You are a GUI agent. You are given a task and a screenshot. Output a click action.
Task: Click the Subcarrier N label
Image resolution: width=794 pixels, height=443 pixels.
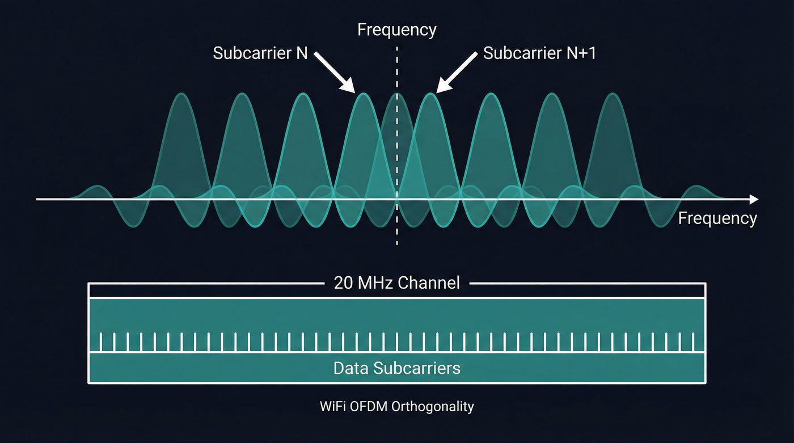click(x=260, y=53)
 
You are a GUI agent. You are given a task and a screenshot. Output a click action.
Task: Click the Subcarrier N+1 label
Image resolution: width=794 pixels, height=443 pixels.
click(x=539, y=53)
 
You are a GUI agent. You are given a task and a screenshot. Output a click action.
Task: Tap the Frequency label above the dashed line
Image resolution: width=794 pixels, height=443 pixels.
click(x=396, y=29)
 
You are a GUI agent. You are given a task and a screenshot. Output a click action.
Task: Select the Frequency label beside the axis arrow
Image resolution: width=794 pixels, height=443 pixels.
click(x=717, y=218)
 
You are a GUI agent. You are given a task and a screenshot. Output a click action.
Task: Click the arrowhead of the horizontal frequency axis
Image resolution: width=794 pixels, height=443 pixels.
click(x=754, y=199)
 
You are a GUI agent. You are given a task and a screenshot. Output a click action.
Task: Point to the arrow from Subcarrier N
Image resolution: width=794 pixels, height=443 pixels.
click(x=335, y=71)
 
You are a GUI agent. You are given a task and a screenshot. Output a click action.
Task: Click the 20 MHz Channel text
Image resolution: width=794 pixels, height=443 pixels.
click(x=396, y=282)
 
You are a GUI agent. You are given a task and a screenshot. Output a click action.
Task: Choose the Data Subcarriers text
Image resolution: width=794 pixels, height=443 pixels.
click(x=396, y=368)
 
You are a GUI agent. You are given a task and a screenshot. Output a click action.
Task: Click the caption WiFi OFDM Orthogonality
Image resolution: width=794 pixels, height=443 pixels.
click(x=396, y=407)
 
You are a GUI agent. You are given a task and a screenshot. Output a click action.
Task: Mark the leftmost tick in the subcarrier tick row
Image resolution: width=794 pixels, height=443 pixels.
click(x=102, y=342)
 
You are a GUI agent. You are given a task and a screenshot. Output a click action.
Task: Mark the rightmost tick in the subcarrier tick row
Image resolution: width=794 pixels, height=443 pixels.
click(x=693, y=342)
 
